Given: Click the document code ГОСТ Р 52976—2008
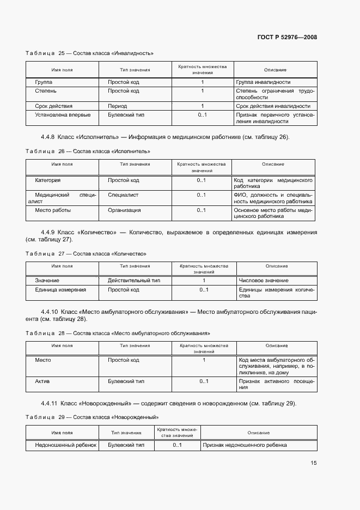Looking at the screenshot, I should click(287, 37).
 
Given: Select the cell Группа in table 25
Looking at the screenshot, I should click(44, 82).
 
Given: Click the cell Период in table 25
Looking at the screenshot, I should click(117, 106).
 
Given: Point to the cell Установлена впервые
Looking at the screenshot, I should click(63, 115).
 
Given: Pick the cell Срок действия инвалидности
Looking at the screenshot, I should click(273, 106).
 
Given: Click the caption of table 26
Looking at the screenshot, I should click(88, 151).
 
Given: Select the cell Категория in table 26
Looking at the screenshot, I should click(48, 180).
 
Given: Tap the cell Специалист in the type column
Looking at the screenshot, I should click(123, 194).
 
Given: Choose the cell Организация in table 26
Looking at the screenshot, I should click(124, 210).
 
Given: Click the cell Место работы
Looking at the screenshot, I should click(53, 210).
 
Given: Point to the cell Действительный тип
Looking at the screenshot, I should click(134, 280).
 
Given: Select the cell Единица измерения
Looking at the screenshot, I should click(60, 290).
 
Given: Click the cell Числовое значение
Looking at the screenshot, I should click(264, 280).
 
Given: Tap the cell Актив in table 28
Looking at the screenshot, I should click(42, 381).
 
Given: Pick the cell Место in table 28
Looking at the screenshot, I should click(43, 360).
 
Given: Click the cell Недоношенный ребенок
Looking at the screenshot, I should click(65, 445).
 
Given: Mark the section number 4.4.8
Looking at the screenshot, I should click(48, 137).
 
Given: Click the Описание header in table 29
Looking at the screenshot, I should click(258, 433).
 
